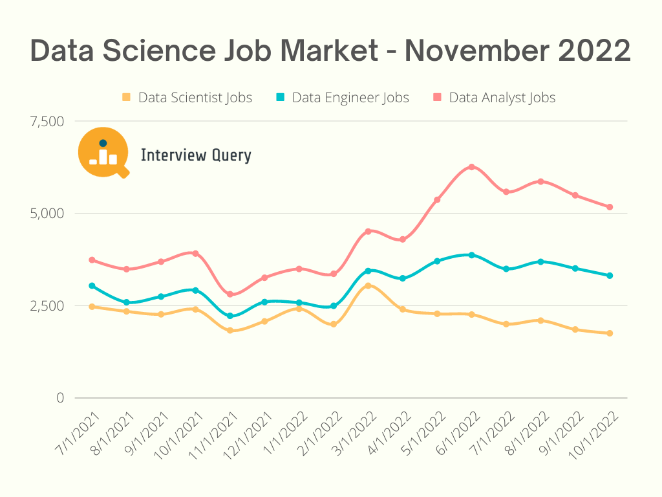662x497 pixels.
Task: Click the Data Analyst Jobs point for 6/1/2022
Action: click(x=471, y=167)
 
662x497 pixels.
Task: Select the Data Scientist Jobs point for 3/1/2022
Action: click(x=368, y=285)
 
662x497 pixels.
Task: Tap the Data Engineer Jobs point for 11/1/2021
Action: click(x=230, y=316)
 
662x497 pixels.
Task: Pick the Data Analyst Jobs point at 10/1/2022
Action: click(x=609, y=207)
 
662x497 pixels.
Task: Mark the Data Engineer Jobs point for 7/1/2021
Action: click(x=92, y=285)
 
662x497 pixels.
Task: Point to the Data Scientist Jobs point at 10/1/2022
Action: click(x=609, y=333)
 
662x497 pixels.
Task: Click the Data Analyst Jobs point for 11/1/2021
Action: click(x=230, y=294)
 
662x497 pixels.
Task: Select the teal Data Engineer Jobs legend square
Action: click(x=281, y=98)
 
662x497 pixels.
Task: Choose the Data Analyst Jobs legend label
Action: click(x=502, y=98)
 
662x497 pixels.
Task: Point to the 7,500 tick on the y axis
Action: click(x=47, y=121)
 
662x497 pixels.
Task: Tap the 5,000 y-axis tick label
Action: click(x=47, y=213)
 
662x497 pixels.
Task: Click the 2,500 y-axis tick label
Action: click(x=47, y=305)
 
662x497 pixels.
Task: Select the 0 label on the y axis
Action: click(x=60, y=397)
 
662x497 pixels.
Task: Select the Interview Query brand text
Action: click(x=196, y=155)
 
